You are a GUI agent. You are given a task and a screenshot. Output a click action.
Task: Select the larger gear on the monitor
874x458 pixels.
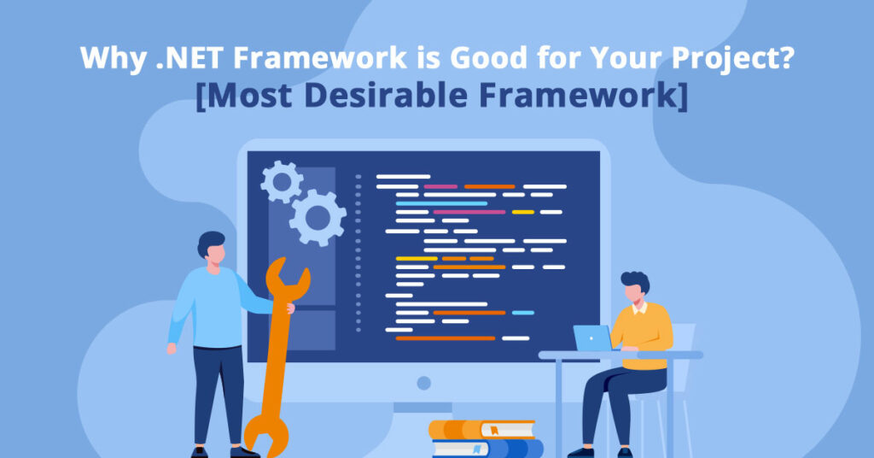317,217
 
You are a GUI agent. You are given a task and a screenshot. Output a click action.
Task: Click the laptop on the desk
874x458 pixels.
592,338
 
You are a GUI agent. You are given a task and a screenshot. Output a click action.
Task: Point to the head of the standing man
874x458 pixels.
213,249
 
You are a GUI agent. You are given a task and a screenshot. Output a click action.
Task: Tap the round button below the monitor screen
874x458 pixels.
423,383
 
